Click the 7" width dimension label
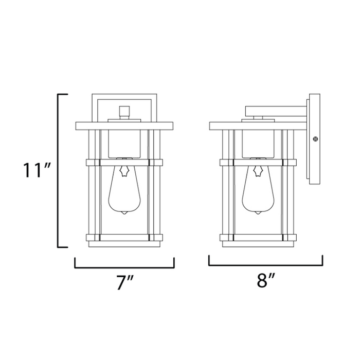(x=124, y=282)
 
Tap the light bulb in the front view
(x=124, y=190)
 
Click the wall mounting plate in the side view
(x=314, y=138)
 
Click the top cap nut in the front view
(x=123, y=111)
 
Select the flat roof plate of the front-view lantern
(x=124, y=125)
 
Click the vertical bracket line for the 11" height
(x=58, y=170)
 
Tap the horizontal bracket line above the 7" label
(x=124, y=267)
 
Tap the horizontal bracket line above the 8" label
(x=265, y=264)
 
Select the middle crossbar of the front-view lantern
(x=124, y=163)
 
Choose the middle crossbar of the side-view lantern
(x=258, y=163)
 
